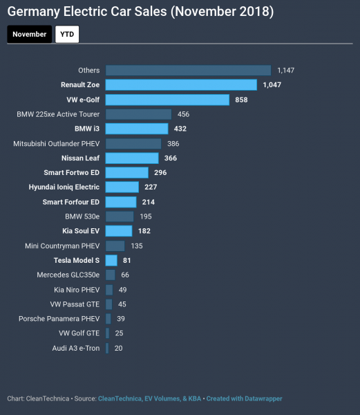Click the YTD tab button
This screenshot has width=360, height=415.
point(67,34)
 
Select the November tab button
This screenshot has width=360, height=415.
point(30,34)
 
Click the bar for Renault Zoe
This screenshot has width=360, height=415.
point(181,84)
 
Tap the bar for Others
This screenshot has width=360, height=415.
point(188,70)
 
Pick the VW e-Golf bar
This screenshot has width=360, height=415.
point(167,100)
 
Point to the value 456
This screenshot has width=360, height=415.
point(183,114)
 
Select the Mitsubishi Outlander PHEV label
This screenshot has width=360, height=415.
point(57,143)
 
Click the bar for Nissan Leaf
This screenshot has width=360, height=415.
point(132,158)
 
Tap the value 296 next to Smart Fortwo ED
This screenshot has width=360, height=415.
point(161,172)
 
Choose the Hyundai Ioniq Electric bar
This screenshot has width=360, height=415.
point(122,187)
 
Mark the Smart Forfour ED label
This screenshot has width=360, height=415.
point(71,202)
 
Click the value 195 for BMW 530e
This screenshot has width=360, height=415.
point(146,216)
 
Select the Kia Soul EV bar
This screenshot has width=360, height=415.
point(119,231)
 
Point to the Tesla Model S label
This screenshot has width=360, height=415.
point(77,260)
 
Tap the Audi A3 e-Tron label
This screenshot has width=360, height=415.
point(76,348)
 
